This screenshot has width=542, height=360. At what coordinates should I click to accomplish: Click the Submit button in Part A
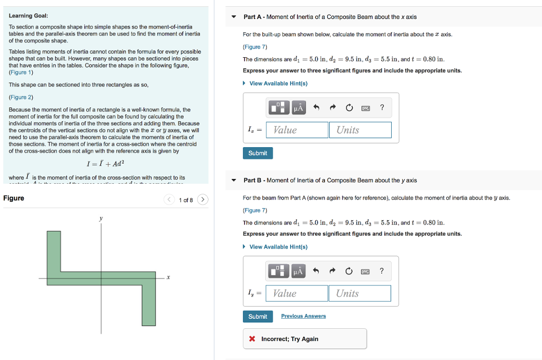pos(258,153)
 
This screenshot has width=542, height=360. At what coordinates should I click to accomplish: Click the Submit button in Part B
pos(258,317)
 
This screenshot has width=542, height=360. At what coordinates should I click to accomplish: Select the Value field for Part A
pos(297,130)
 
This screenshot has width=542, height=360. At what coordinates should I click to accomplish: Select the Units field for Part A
pos(360,130)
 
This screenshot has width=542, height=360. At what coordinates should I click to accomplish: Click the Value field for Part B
pos(296,293)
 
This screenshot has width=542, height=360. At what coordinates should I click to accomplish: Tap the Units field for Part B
pos(360,293)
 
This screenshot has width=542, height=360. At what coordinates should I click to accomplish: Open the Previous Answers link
pos(303,316)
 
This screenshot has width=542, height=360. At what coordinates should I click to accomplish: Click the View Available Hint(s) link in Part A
pos(278,84)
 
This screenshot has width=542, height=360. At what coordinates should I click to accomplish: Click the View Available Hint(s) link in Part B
pos(278,247)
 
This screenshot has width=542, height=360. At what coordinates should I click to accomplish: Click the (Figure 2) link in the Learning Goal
pos(21,97)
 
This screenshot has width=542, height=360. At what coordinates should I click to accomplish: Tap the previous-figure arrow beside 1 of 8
pos(169,200)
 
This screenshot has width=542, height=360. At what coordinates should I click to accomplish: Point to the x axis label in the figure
pos(168,277)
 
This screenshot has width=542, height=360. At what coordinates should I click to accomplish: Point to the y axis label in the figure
pos(101,218)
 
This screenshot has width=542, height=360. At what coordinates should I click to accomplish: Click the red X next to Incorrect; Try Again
pos(252,339)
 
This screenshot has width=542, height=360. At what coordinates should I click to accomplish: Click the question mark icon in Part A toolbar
pos(382,108)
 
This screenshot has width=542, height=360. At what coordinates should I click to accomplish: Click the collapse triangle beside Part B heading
pos(234,181)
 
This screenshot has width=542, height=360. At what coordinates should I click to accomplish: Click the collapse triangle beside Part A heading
pos(234,17)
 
